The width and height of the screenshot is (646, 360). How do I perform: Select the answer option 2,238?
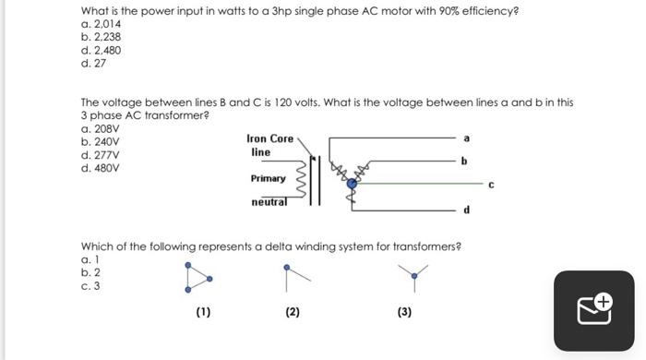point(101,37)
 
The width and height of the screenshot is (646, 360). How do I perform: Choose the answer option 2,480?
point(101,50)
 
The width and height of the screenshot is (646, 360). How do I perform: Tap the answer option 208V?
point(100,130)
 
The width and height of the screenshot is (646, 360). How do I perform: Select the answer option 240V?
point(100,143)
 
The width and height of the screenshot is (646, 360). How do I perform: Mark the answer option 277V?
point(100,156)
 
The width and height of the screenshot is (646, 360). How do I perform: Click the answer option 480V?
point(100,169)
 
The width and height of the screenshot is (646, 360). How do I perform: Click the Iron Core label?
point(269,138)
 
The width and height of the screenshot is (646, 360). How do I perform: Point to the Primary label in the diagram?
point(268,178)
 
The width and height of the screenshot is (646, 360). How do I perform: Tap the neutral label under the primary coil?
point(269,201)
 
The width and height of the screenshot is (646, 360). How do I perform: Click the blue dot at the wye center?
point(351,184)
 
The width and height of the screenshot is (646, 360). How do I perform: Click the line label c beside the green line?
point(491,184)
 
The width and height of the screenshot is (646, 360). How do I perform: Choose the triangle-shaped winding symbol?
point(197,277)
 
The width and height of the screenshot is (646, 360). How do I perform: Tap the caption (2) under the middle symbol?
point(293,312)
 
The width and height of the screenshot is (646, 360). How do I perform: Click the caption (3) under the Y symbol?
point(404,312)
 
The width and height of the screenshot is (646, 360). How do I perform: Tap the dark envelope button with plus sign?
point(595,309)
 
